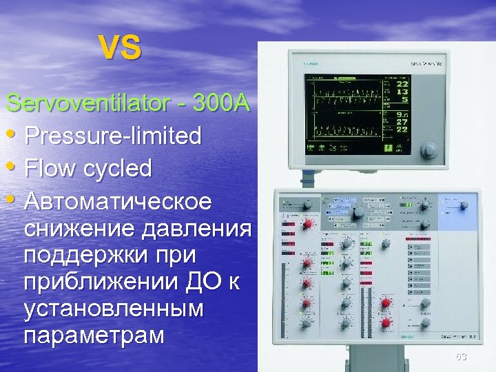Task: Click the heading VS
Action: (x=120, y=48)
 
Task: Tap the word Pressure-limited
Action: (x=113, y=136)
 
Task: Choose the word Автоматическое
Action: (x=118, y=203)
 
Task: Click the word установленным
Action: (x=114, y=308)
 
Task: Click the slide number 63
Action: (x=461, y=356)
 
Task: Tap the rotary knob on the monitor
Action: (x=430, y=150)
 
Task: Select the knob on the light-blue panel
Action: (x=464, y=205)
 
